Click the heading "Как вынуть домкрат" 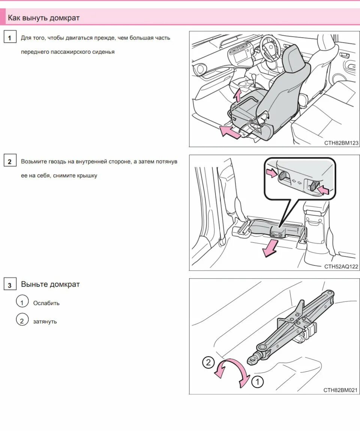coord(43,18)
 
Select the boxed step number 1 coord(10,37)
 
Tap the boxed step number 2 coord(10,160)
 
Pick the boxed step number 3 coord(10,284)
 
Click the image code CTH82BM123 coord(341,143)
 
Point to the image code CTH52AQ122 coord(341,266)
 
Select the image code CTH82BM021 coord(341,390)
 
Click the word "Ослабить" coord(46,303)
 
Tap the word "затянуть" coord(45,322)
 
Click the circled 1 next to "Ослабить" coord(22,301)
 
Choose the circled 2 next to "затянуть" coord(22,320)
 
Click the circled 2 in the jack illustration coord(208,362)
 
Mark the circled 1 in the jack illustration coord(257,382)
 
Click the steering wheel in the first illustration coord(271,47)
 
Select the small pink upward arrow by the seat coord(238,95)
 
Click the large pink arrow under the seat coord(231,132)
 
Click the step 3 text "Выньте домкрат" coord(50,284)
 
